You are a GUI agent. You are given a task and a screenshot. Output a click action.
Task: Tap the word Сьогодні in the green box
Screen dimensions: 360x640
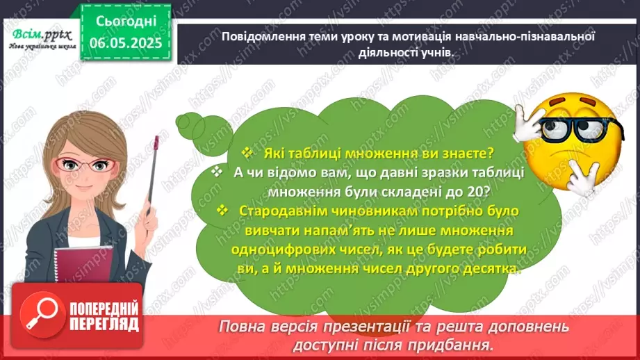click(125, 21)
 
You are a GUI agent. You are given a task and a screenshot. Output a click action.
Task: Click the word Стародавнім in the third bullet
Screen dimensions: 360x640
click(282, 211)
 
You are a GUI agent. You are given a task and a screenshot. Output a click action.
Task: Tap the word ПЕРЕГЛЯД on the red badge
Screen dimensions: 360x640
click(104, 324)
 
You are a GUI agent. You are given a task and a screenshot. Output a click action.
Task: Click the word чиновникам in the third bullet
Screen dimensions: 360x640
click(373, 211)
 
